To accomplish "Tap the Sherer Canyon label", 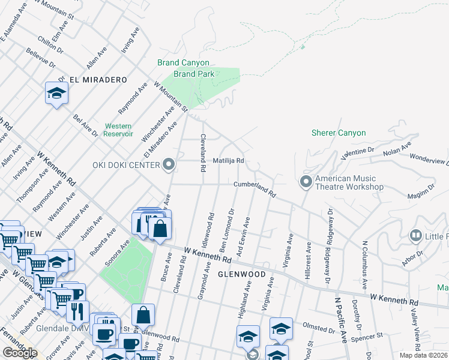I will click(x=339, y=133).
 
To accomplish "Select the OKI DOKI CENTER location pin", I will click(x=169, y=164).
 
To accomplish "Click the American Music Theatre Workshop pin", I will click(x=306, y=181).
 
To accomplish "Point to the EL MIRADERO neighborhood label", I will click(x=98, y=80).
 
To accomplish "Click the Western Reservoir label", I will click(x=119, y=130).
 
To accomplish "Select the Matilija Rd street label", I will click(x=228, y=161).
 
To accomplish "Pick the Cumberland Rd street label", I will click(x=255, y=189).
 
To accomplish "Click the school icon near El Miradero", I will click(x=56, y=94).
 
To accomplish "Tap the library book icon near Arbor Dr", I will click(x=415, y=236).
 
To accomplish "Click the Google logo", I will click(x=20, y=353).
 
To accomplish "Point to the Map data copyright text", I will click(x=423, y=355).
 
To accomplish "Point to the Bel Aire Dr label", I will click(x=84, y=125).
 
